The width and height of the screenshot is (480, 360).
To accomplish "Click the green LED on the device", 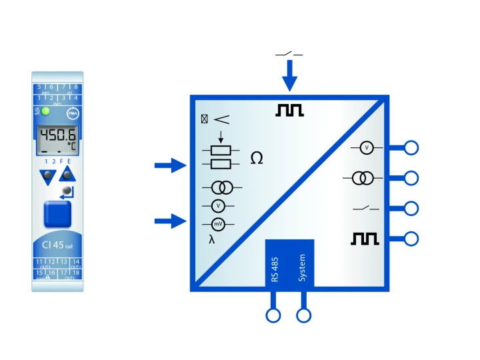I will pyautogui.click(x=45, y=111).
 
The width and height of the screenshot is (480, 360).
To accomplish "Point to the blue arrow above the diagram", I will pyautogui.click(x=289, y=75).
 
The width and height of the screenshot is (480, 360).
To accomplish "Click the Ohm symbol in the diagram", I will pyautogui.click(x=256, y=158).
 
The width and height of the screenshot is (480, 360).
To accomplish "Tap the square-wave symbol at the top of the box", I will pyautogui.click(x=289, y=111).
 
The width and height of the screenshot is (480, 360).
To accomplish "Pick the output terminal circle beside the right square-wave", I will pyautogui.click(x=411, y=238).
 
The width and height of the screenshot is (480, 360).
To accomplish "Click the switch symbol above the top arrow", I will pyautogui.click(x=289, y=53).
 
